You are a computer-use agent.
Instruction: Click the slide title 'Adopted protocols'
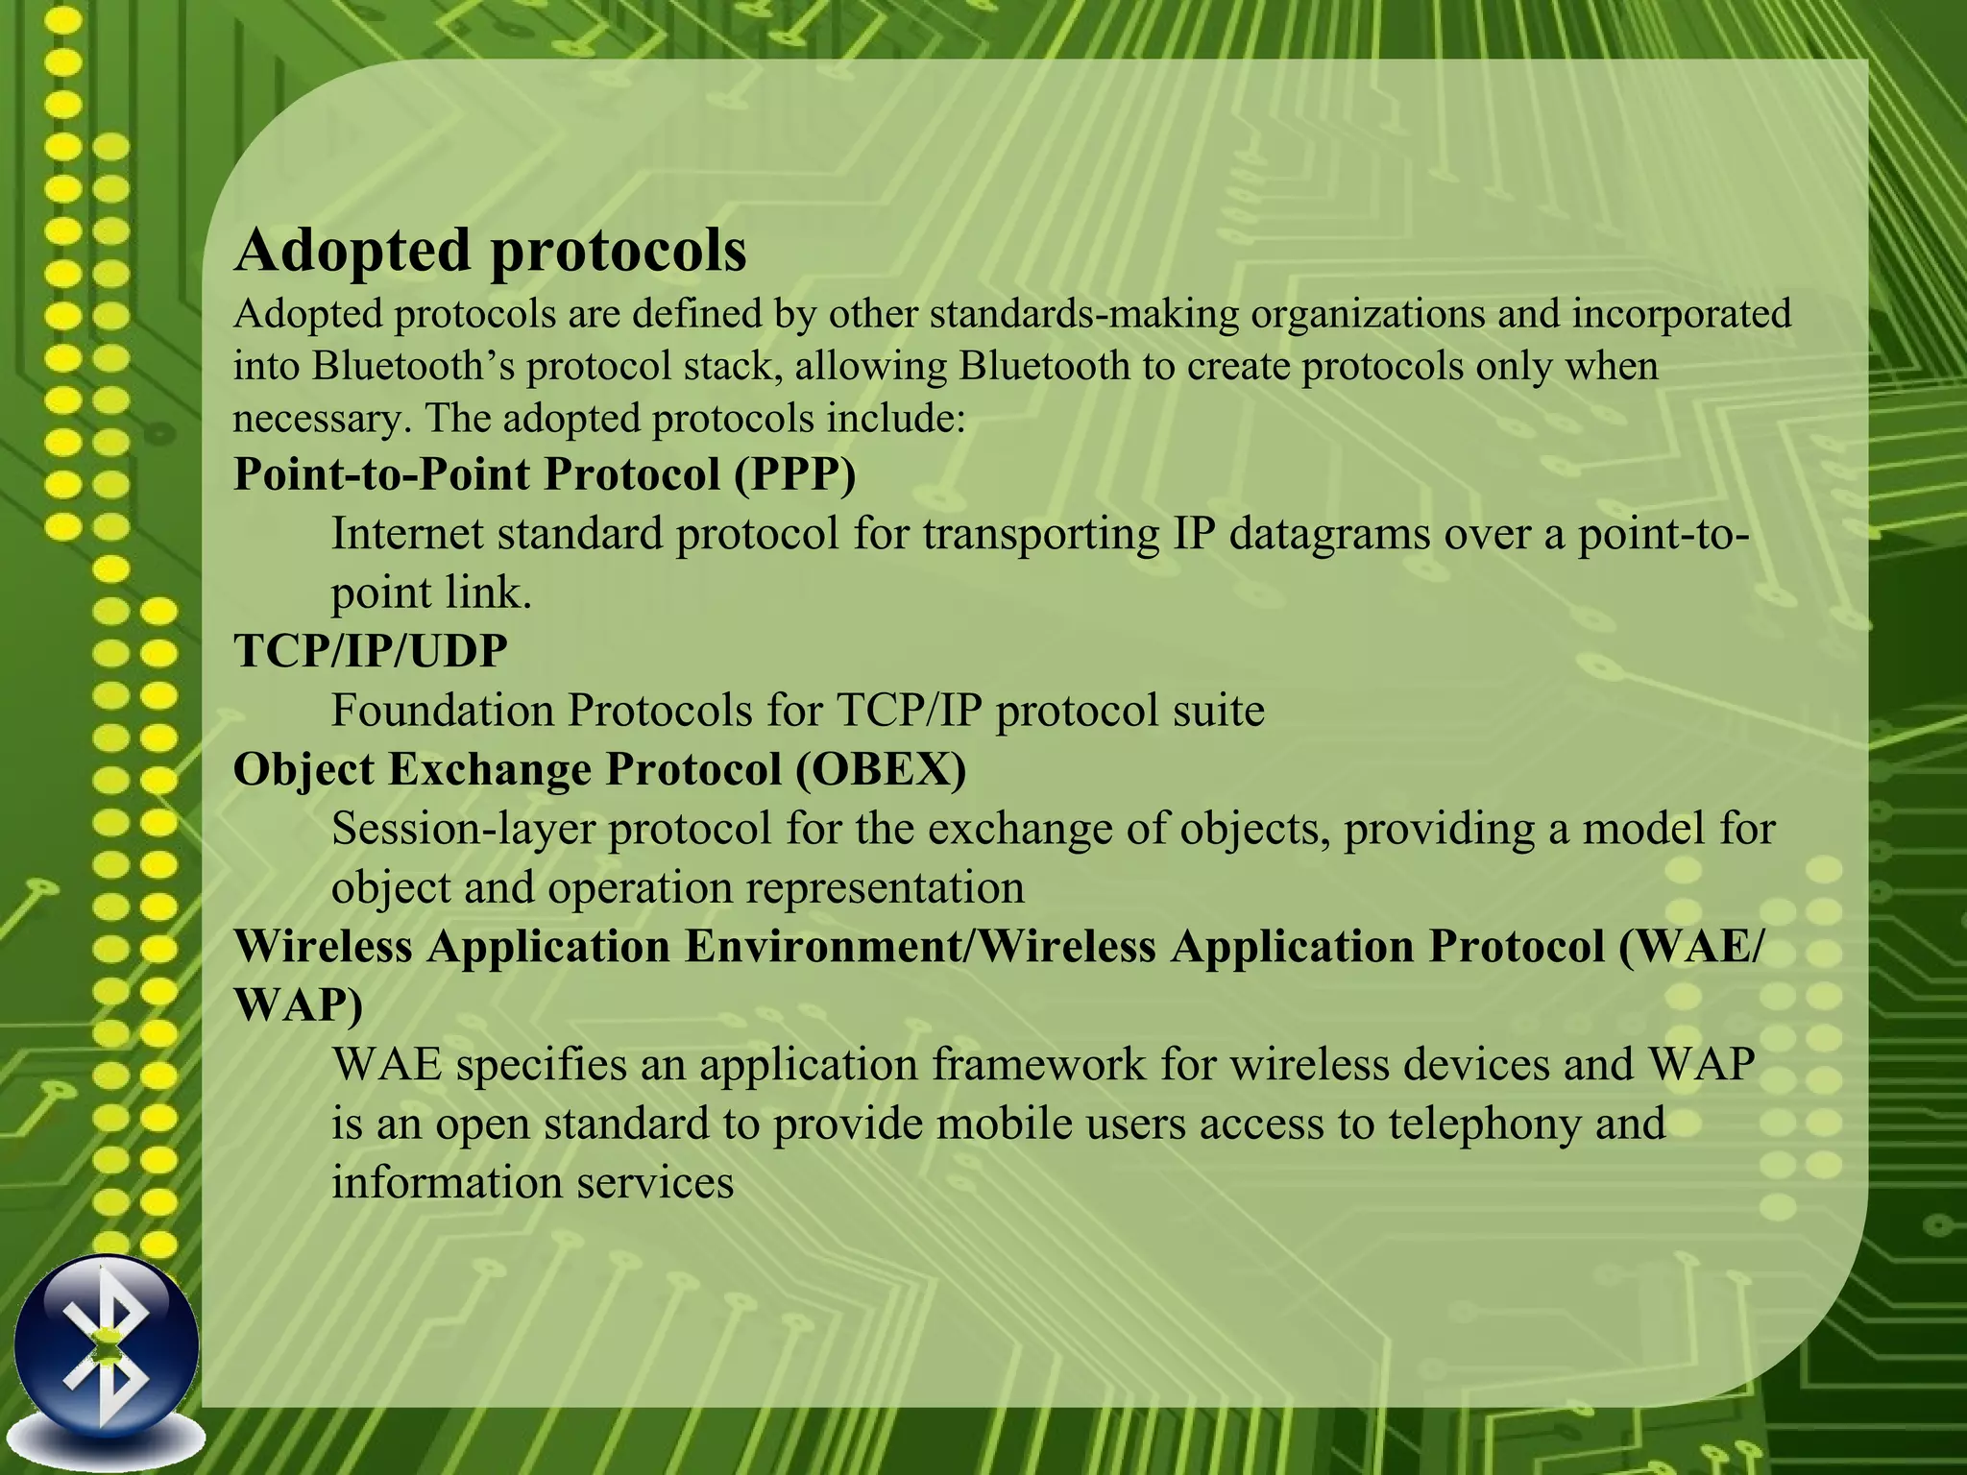(490, 251)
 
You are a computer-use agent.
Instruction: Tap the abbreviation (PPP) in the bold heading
(794, 474)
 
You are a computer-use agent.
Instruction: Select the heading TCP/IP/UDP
(371, 651)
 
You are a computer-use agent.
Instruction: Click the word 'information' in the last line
(447, 1182)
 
